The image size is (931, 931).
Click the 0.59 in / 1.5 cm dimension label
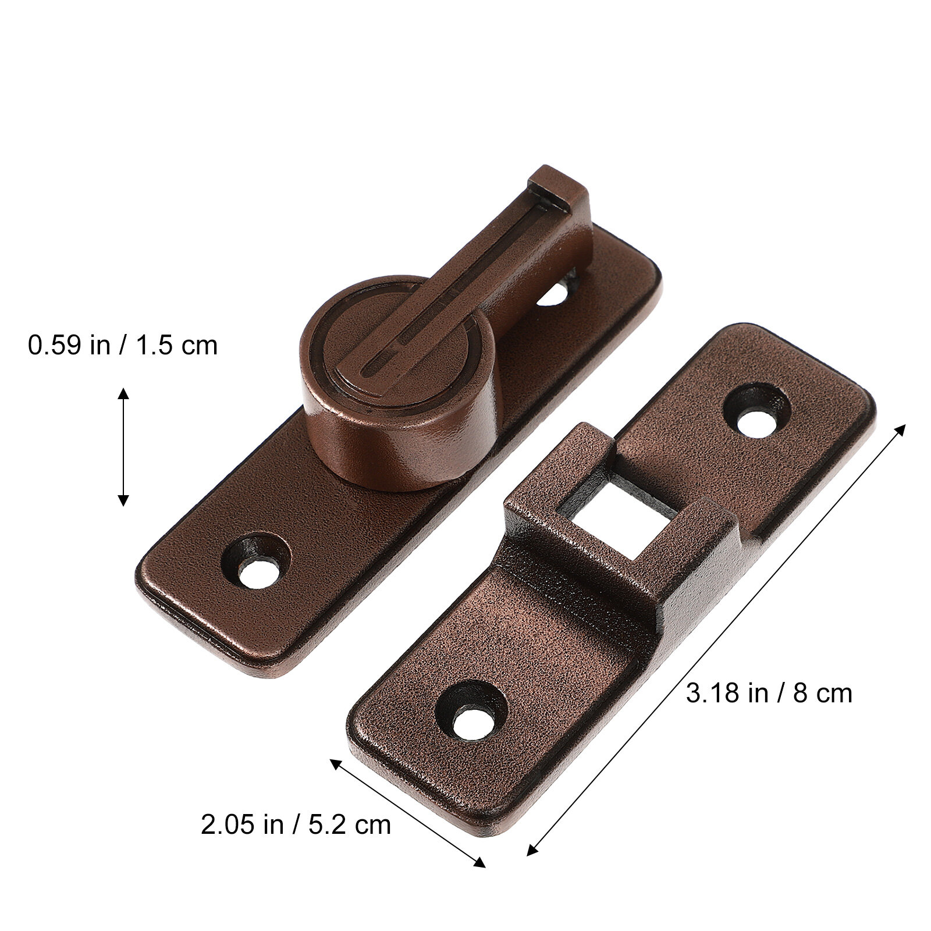click(123, 346)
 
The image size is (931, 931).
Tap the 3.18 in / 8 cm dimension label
click(769, 694)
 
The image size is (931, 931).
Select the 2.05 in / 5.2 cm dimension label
click(296, 825)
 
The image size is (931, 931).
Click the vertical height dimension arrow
click(123, 446)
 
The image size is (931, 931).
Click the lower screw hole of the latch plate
click(257, 562)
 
